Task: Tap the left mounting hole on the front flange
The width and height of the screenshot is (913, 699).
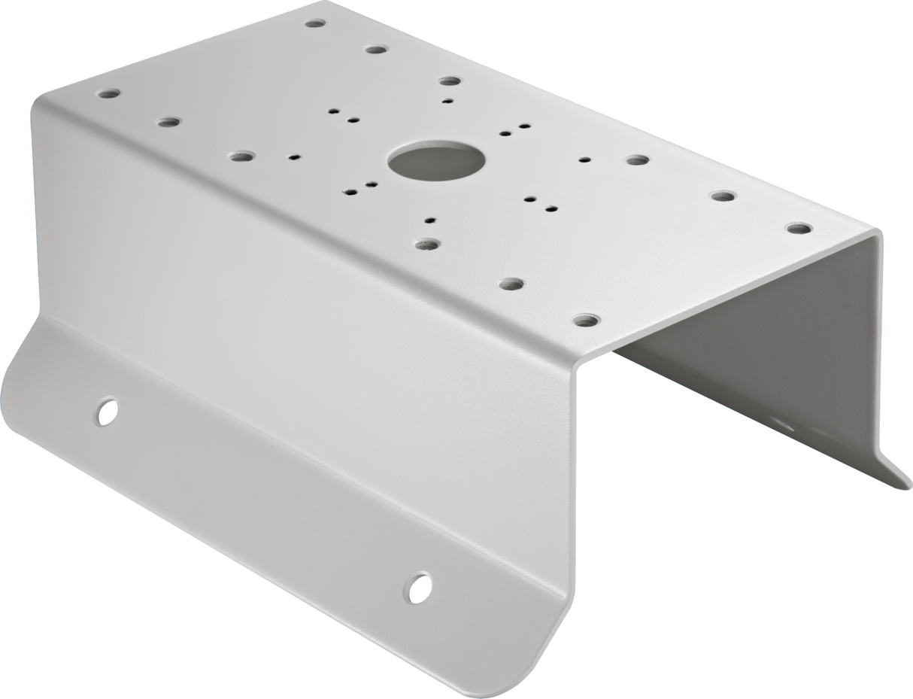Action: coord(108,410)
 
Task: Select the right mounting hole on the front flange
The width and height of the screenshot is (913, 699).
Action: coord(418,586)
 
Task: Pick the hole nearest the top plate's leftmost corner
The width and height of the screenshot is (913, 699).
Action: coord(108,95)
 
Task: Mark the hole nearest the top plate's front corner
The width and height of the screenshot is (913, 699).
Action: coord(585,321)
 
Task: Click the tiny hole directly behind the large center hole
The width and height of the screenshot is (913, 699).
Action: coord(447,100)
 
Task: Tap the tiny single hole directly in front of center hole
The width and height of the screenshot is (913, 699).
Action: coord(429,220)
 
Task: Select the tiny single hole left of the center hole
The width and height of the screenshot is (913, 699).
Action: coord(294,158)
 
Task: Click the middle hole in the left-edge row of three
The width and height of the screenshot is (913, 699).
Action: coord(169,121)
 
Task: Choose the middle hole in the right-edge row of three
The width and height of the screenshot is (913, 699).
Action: coord(723,196)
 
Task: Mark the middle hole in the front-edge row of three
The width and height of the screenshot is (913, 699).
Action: coord(511,284)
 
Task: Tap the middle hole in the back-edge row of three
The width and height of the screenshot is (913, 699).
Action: coord(375,50)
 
